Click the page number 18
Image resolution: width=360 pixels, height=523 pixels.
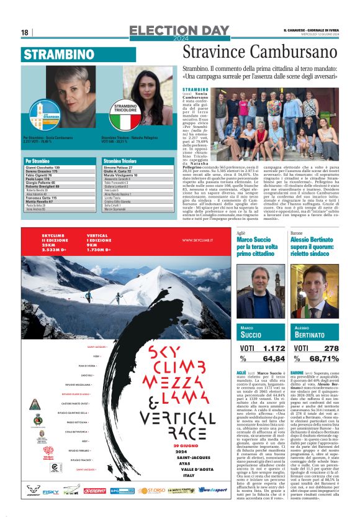(25, 32)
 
